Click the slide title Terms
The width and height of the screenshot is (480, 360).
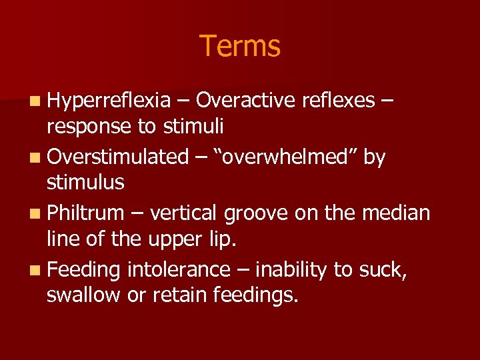pyautogui.click(x=240, y=46)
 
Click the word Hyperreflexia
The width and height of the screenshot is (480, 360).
pyautogui.click(x=109, y=101)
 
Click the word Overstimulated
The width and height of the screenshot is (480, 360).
pyautogui.click(x=118, y=157)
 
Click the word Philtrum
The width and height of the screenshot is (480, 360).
pyautogui.click(x=86, y=213)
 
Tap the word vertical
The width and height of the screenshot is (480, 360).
pyautogui.click(x=186, y=213)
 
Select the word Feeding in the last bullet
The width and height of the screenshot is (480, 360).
pyautogui.click(x=83, y=271)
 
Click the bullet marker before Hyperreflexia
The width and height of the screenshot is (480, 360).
pyautogui.click(x=33, y=101)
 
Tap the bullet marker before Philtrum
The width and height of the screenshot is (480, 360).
pyautogui.click(x=33, y=214)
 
